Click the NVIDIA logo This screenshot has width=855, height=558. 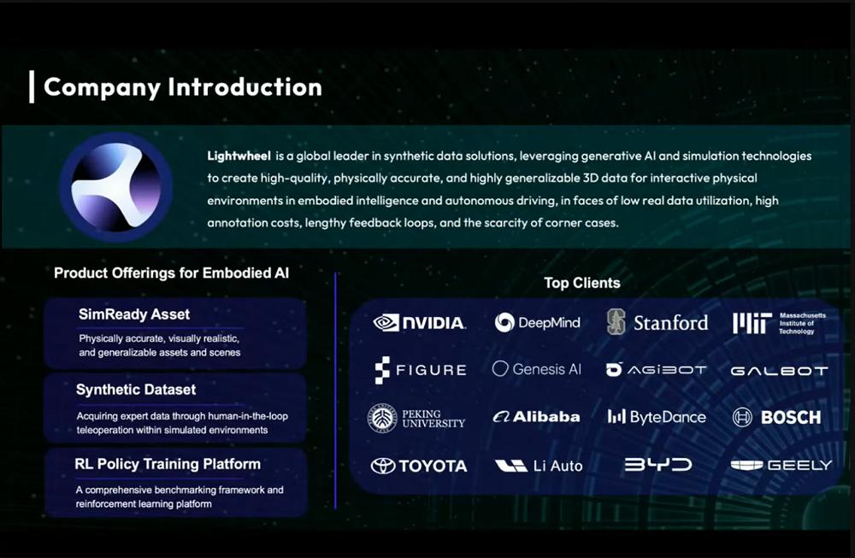pyautogui.click(x=419, y=323)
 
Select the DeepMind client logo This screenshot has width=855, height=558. pyautogui.click(x=537, y=323)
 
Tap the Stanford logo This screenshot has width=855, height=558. pyautogui.click(x=657, y=322)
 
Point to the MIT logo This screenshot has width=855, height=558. pyautogui.click(x=779, y=323)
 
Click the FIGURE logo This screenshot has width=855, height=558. pyautogui.click(x=421, y=370)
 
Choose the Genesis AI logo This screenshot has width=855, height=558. pyautogui.click(x=537, y=369)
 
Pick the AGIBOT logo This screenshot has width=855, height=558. pyautogui.click(x=656, y=369)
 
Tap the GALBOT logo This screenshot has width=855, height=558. pyautogui.click(x=779, y=371)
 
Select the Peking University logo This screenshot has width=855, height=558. pyautogui.click(x=416, y=419)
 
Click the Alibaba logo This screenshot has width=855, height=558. pyautogui.click(x=536, y=417)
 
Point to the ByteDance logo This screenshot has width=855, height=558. pyautogui.click(x=657, y=417)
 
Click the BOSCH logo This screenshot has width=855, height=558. pyautogui.click(x=776, y=417)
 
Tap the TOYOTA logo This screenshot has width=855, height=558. pyautogui.click(x=419, y=466)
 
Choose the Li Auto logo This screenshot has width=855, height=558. pyautogui.click(x=539, y=466)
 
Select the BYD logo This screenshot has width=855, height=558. pyautogui.click(x=658, y=464)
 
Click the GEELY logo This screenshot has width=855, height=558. pyautogui.click(x=781, y=465)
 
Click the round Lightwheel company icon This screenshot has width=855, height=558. pyautogui.click(x=116, y=187)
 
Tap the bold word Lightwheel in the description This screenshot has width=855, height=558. pyautogui.click(x=239, y=156)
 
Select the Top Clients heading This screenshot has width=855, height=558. pyautogui.click(x=581, y=283)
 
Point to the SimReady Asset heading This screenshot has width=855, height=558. pyautogui.click(x=134, y=314)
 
